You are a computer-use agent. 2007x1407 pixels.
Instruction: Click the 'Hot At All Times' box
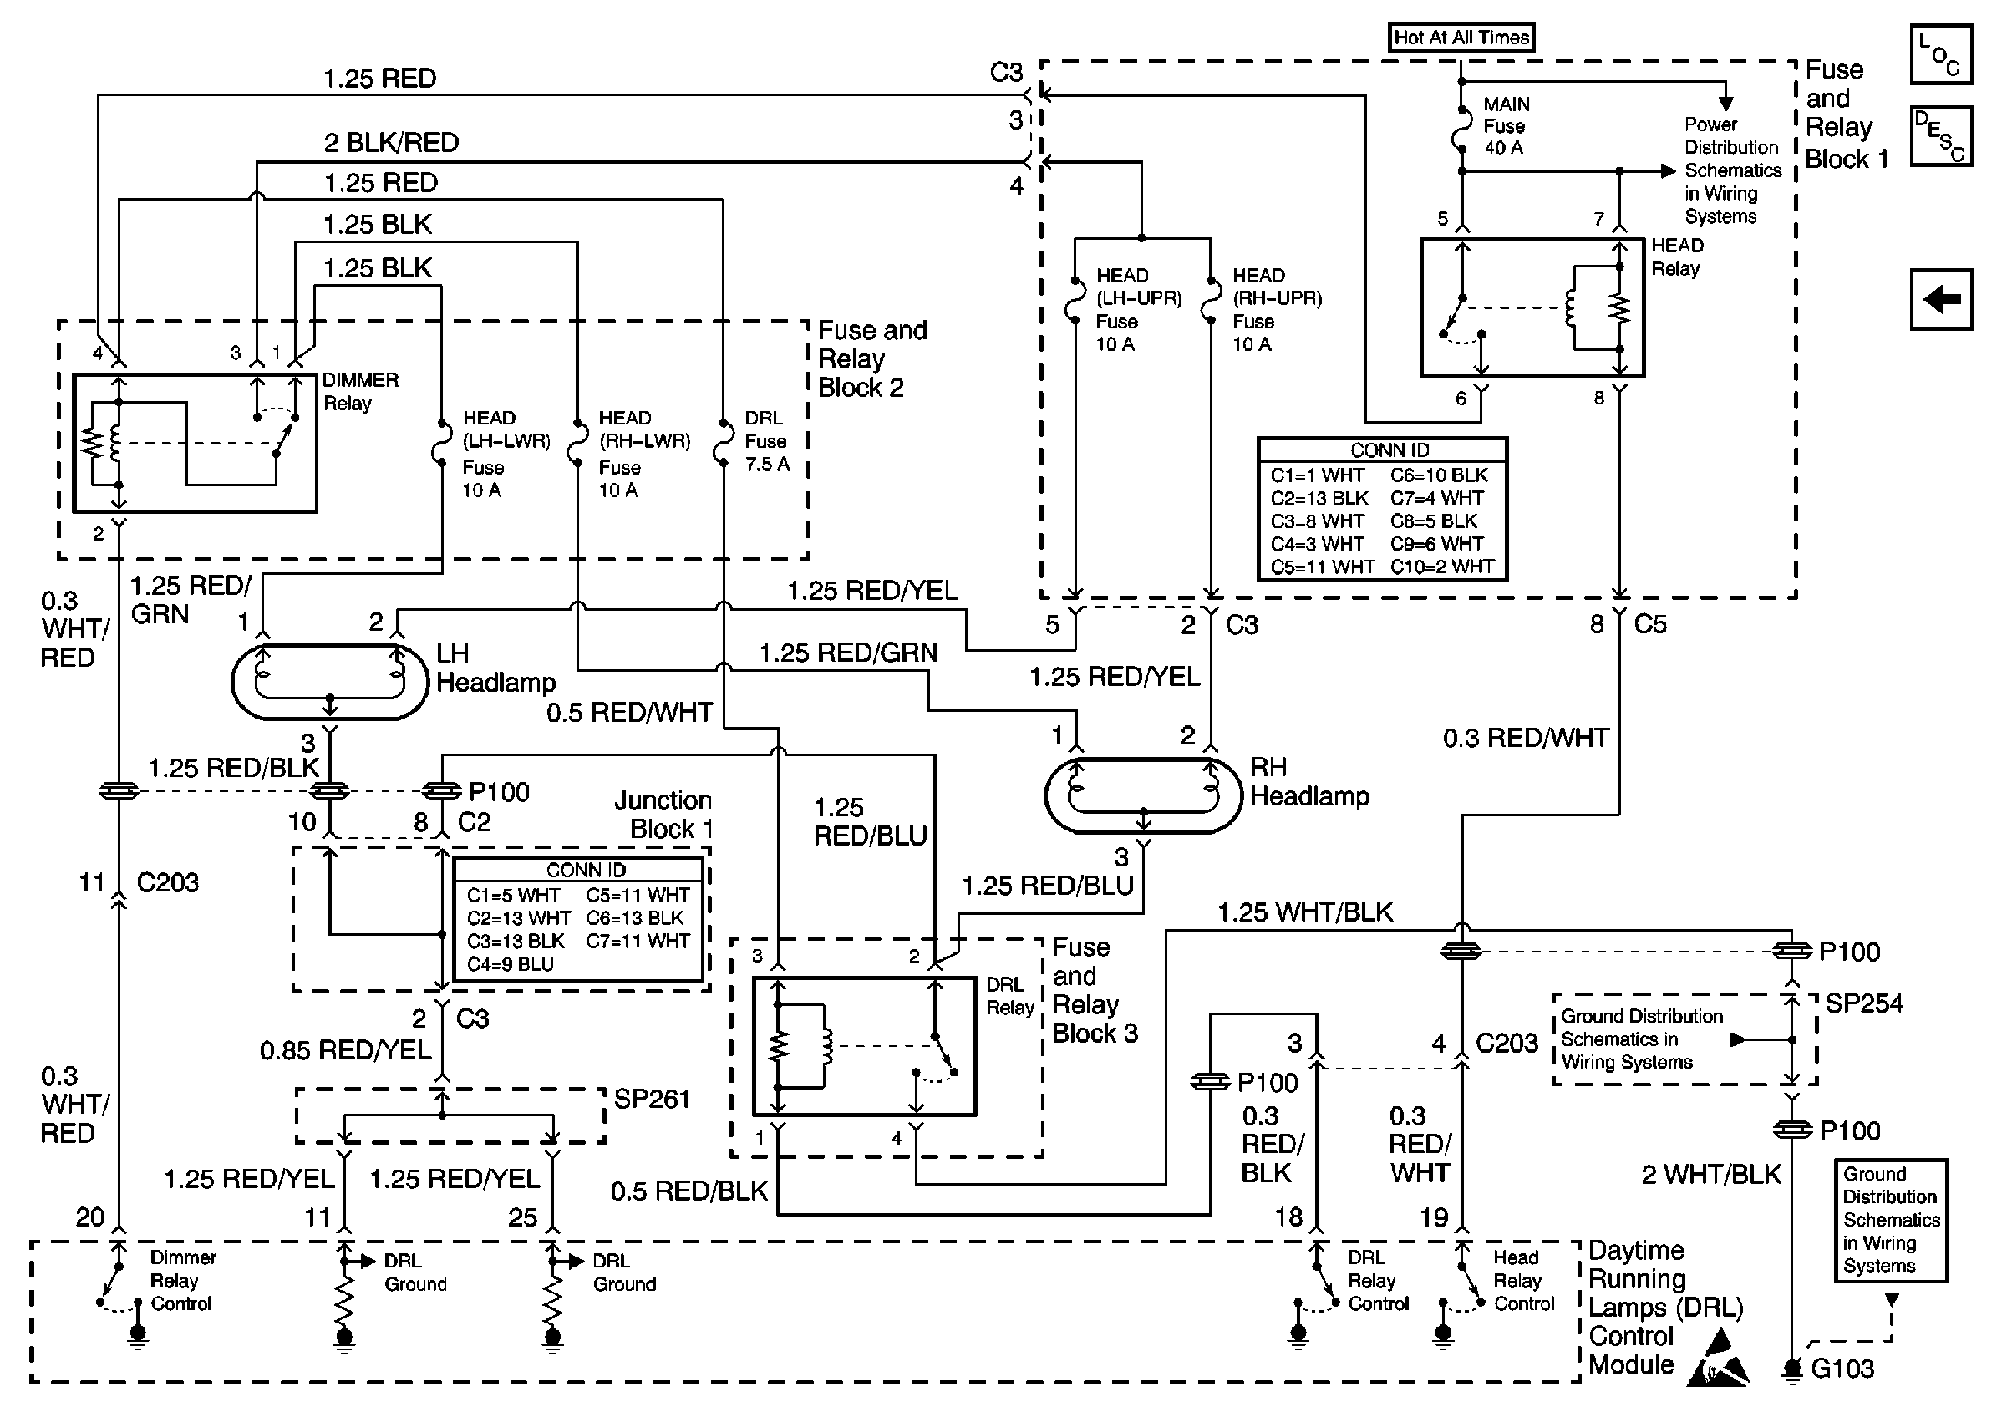[1461, 38]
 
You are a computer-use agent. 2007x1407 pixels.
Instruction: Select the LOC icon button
[1940, 55]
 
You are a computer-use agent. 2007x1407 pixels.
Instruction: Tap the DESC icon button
[1940, 136]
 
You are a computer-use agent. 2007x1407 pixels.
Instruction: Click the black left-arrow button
[1940, 300]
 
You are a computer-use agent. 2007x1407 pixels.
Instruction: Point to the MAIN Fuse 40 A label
[1506, 126]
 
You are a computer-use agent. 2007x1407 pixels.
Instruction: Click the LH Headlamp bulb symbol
[329, 683]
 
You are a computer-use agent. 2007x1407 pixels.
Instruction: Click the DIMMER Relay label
[359, 392]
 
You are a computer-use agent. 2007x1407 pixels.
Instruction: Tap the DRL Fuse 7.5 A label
[765, 441]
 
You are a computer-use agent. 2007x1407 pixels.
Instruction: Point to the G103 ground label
[1842, 1369]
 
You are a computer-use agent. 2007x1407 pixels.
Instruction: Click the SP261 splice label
[651, 1099]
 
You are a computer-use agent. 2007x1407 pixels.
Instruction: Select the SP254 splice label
[1863, 1003]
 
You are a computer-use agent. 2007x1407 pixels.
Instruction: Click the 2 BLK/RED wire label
[391, 142]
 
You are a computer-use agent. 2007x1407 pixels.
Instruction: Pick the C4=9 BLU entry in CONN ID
[510, 964]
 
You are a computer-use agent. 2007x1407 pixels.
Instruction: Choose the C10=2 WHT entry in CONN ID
[1441, 566]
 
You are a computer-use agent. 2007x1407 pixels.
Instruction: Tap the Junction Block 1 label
[663, 814]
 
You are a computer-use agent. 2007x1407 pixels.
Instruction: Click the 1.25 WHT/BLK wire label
[1304, 912]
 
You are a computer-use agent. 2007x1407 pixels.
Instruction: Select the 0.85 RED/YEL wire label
[345, 1049]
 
